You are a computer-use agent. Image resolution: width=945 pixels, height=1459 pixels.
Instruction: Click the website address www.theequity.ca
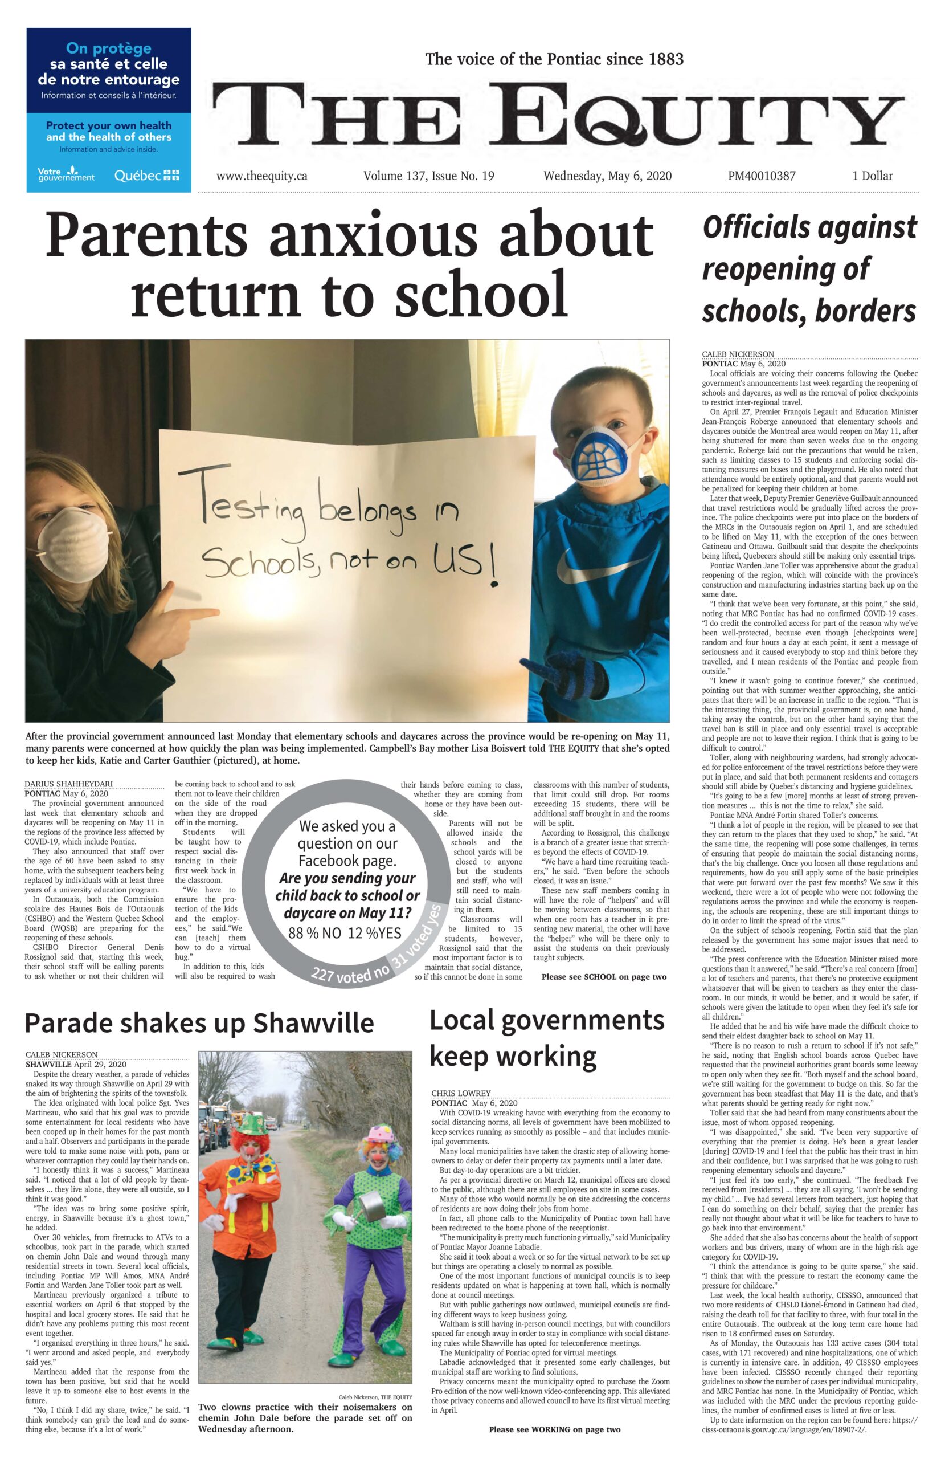[261, 176]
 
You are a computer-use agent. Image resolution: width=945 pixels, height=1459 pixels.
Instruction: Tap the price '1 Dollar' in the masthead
[872, 176]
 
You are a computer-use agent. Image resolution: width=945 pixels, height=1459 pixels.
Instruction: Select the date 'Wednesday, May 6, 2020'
[607, 176]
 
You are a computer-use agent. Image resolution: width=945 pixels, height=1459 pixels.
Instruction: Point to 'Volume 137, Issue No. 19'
[428, 176]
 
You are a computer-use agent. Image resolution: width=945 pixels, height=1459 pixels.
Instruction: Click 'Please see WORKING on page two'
[554, 1429]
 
